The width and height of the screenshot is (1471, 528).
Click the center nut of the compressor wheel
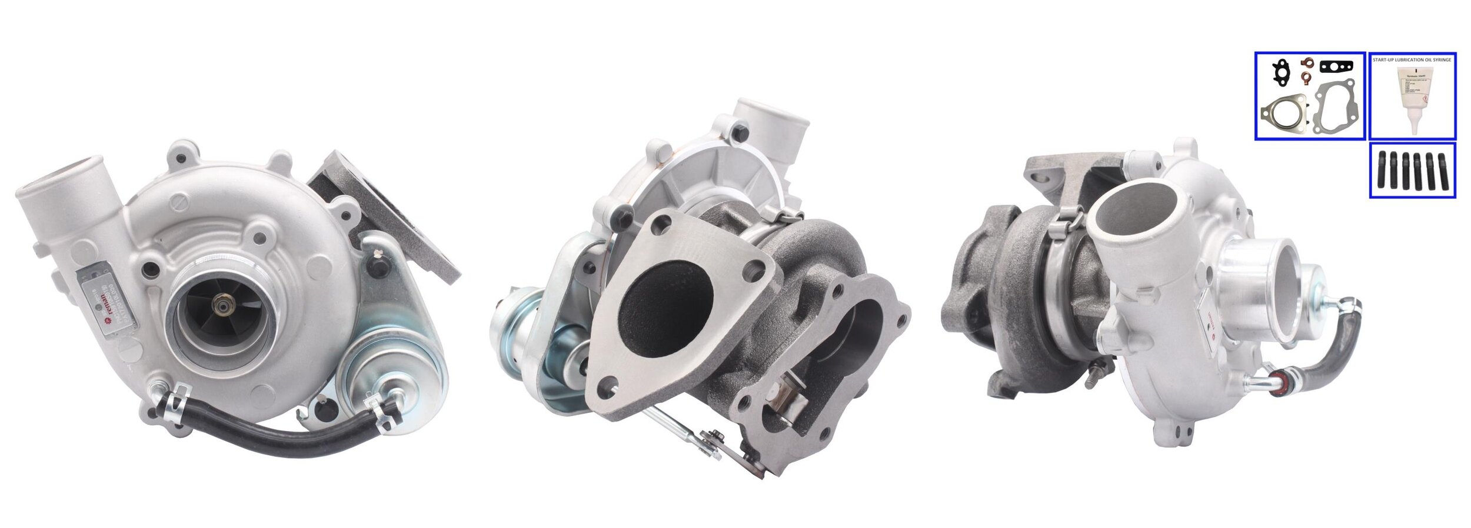[224, 306]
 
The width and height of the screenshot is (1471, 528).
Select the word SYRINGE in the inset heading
[1439, 60]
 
